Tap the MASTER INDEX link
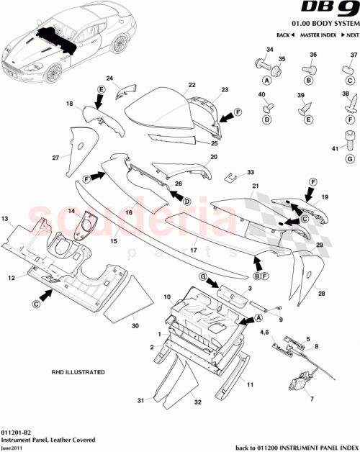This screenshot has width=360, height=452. tap(317, 35)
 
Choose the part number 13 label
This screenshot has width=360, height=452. tap(4, 217)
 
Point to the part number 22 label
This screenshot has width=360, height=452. tap(192, 85)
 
